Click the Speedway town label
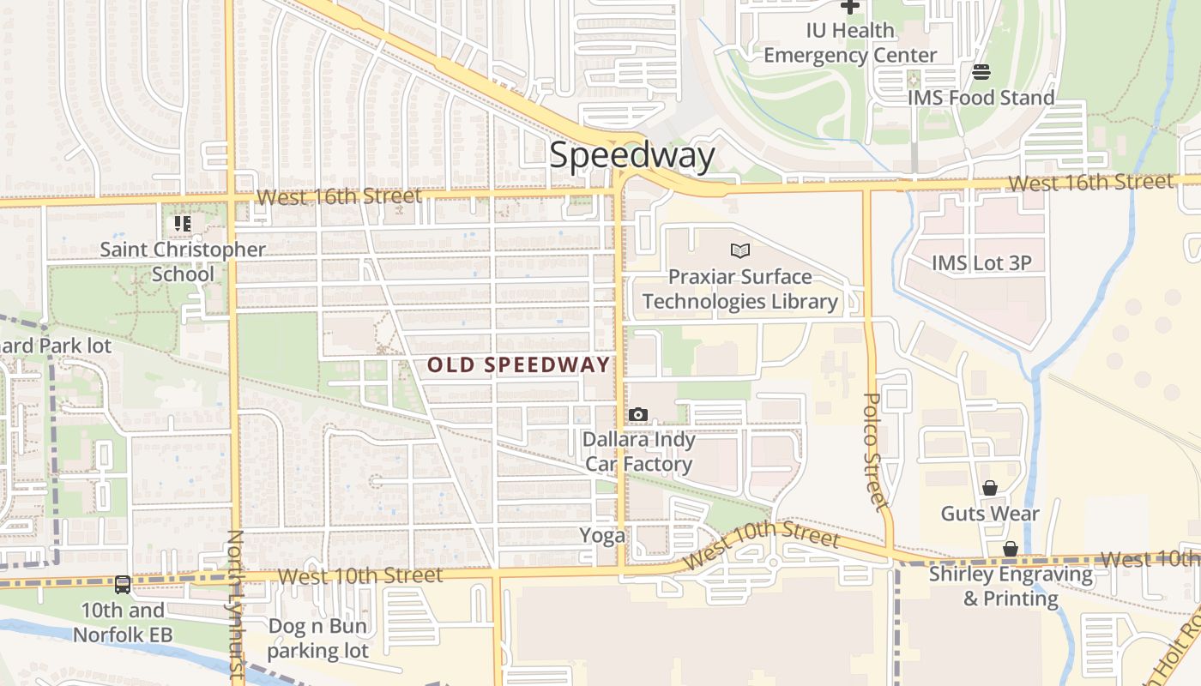click(x=631, y=155)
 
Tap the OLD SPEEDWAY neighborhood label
click(x=518, y=364)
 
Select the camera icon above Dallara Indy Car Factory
click(x=637, y=415)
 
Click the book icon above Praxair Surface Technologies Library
click(x=739, y=250)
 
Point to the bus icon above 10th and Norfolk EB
click(x=123, y=585)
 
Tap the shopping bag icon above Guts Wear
click(x=990, y=488)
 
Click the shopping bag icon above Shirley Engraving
click(x=1011, y=549)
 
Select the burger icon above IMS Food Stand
click(x=981, y=71)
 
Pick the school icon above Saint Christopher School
click(x=183, y=224)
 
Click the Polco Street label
click(x=874, y=450)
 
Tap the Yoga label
click(x=602, y=536)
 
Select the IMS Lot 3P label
click(x=981, y=262)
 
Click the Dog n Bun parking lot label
click(x=317, y=638)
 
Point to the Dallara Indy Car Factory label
click(x=638, y=452)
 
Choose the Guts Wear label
click(x=990, y=514)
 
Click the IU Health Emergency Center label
click(x=850, y=43)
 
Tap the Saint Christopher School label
click(x=183, y=262)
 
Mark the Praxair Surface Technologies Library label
click(x=739, y=289)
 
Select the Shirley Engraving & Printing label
click(x=1011, y=586)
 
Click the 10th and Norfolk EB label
click(x=123, y=623)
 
